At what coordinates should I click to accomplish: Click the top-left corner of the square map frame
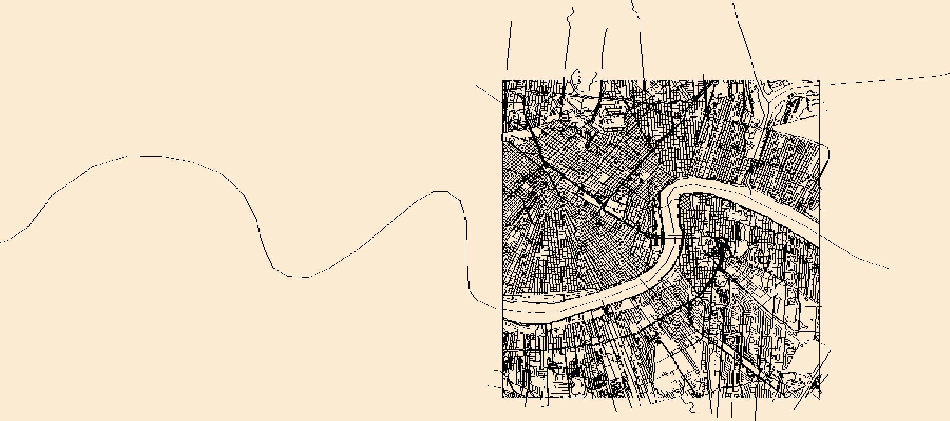502,80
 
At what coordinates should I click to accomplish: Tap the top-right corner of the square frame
820,80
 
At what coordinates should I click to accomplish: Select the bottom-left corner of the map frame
502,397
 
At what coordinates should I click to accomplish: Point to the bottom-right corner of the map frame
820,397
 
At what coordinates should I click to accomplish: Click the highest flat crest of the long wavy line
144,156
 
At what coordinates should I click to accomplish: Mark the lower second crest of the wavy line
440,191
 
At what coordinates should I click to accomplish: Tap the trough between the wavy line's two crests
298,277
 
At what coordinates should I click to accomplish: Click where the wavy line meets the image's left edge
1,242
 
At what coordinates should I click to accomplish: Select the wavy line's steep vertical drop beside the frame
467,253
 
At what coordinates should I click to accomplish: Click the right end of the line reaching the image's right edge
948,74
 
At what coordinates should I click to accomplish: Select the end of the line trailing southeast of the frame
889,268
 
